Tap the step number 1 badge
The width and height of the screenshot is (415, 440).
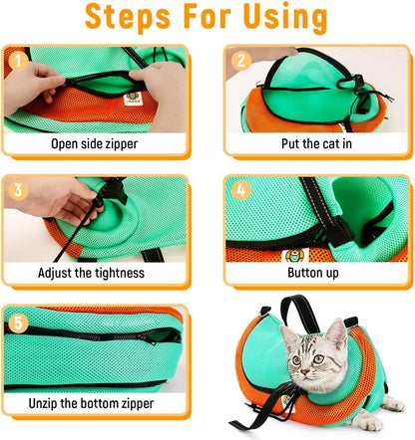coord(15,61)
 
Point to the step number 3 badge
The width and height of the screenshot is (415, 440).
coord(15,190)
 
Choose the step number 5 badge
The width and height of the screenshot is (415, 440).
coord(15,321)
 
